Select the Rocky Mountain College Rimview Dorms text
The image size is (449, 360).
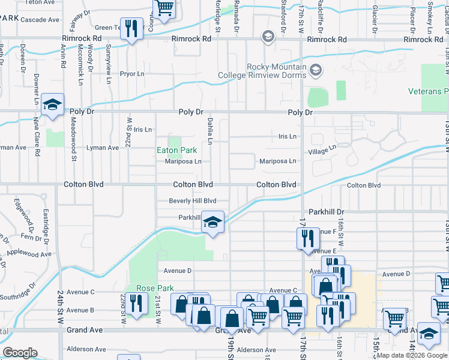pos(277,71)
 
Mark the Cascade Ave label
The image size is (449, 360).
pos(40,20)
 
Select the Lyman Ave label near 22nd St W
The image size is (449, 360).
pos(103,148)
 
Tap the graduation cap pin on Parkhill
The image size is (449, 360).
pos(212,223)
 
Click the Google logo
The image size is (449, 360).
pos(20,353)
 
